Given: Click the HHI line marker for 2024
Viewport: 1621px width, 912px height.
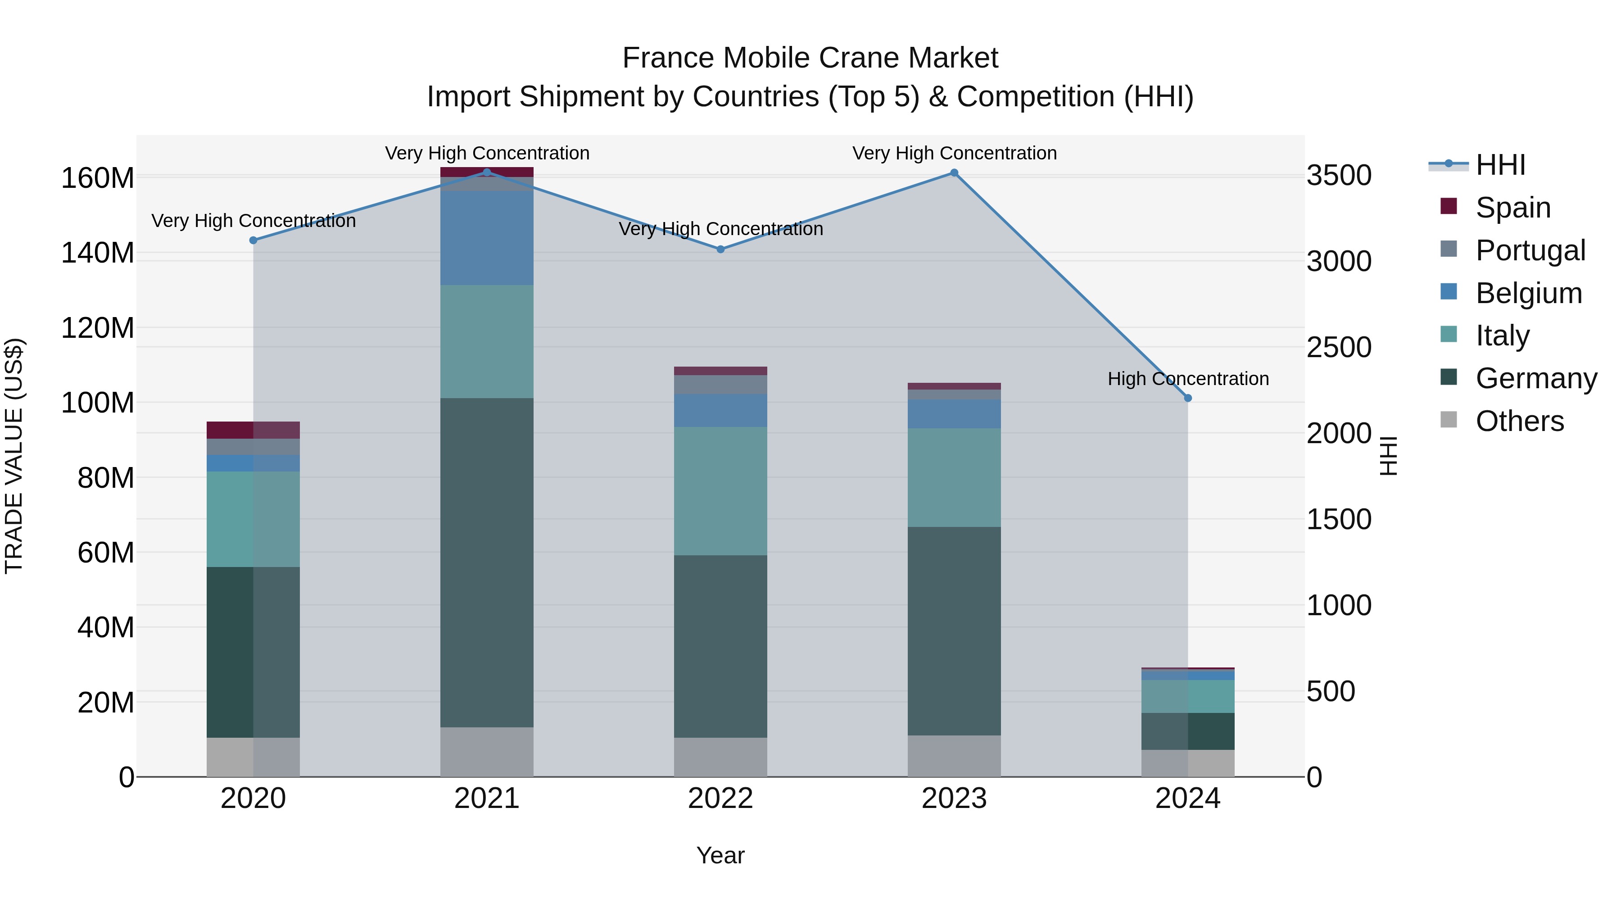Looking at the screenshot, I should tap(1187, 398).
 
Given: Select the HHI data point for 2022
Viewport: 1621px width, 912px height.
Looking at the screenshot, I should tap(720, 249).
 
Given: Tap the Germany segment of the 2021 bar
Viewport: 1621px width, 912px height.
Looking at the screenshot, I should tap(486, 562).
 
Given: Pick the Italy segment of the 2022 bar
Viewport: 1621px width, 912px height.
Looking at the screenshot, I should tap(720, 491).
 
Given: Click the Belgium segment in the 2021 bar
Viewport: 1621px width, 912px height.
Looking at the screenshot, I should tap(486, 237).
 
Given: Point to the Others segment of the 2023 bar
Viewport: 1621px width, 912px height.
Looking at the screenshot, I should tap(954, 755).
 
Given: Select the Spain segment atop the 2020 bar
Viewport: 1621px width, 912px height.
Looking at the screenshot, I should tap(253, 430).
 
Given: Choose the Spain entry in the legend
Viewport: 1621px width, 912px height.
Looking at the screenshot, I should tap(1512, 208).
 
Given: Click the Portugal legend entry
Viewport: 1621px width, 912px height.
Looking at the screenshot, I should tap(1530, 250).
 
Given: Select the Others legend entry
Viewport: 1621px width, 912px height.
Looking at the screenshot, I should tap(1519, 421).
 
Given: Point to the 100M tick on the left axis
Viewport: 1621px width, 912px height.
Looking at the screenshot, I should tap(98, 403).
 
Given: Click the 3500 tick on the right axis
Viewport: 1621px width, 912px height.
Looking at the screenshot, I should tap(1339, 176).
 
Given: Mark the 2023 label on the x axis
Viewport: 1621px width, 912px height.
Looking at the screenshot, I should tap(954, 799).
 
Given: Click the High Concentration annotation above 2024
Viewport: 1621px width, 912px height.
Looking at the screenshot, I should tap(1187, 379).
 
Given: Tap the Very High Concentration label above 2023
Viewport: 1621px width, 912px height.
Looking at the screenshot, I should tap(954, 153).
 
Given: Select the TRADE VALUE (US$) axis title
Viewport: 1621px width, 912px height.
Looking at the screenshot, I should tap(14, 456).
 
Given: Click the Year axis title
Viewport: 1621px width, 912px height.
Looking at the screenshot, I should tap(720, 855).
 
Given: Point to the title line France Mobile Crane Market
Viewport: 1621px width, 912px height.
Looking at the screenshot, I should tap(810, 58).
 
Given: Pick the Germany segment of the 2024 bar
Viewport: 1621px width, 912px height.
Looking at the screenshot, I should tap(1187, 731).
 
